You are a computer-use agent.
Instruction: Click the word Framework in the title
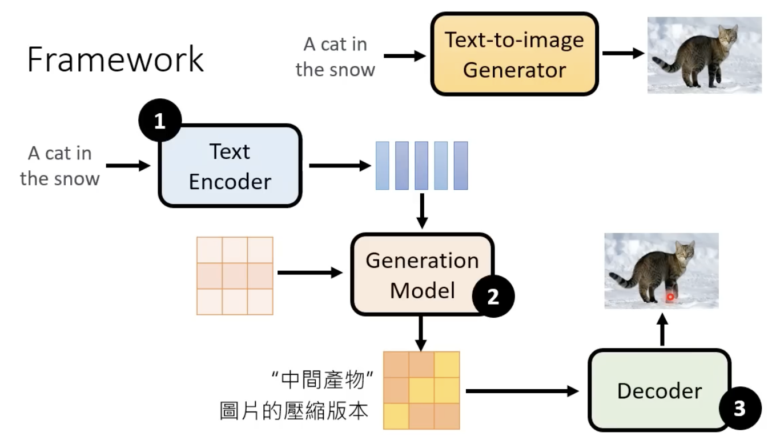pos(115,59)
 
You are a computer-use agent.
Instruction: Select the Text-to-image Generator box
pos(514,55)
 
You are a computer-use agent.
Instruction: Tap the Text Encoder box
pos(230,166)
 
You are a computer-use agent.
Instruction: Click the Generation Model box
pos(421,274)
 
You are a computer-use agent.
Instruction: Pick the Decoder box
pos(659,391)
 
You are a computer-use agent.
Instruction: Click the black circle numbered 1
pos(160,121)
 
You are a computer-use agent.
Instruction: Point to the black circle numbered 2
pos(493,297)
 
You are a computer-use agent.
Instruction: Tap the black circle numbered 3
pos(739,409)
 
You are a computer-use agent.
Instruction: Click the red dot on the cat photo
pos(670,297)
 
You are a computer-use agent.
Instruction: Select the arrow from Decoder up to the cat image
pos(662,331)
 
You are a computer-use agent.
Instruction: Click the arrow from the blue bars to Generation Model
pos(422,210)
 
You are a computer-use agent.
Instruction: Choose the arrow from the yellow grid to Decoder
pos(522,391)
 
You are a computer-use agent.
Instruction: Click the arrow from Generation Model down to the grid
pos(421,333)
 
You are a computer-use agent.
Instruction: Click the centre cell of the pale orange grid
pos(235,275)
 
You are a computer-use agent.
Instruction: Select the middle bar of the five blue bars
pos(421,166)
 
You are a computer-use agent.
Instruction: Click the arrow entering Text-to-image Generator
pos(405,55)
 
